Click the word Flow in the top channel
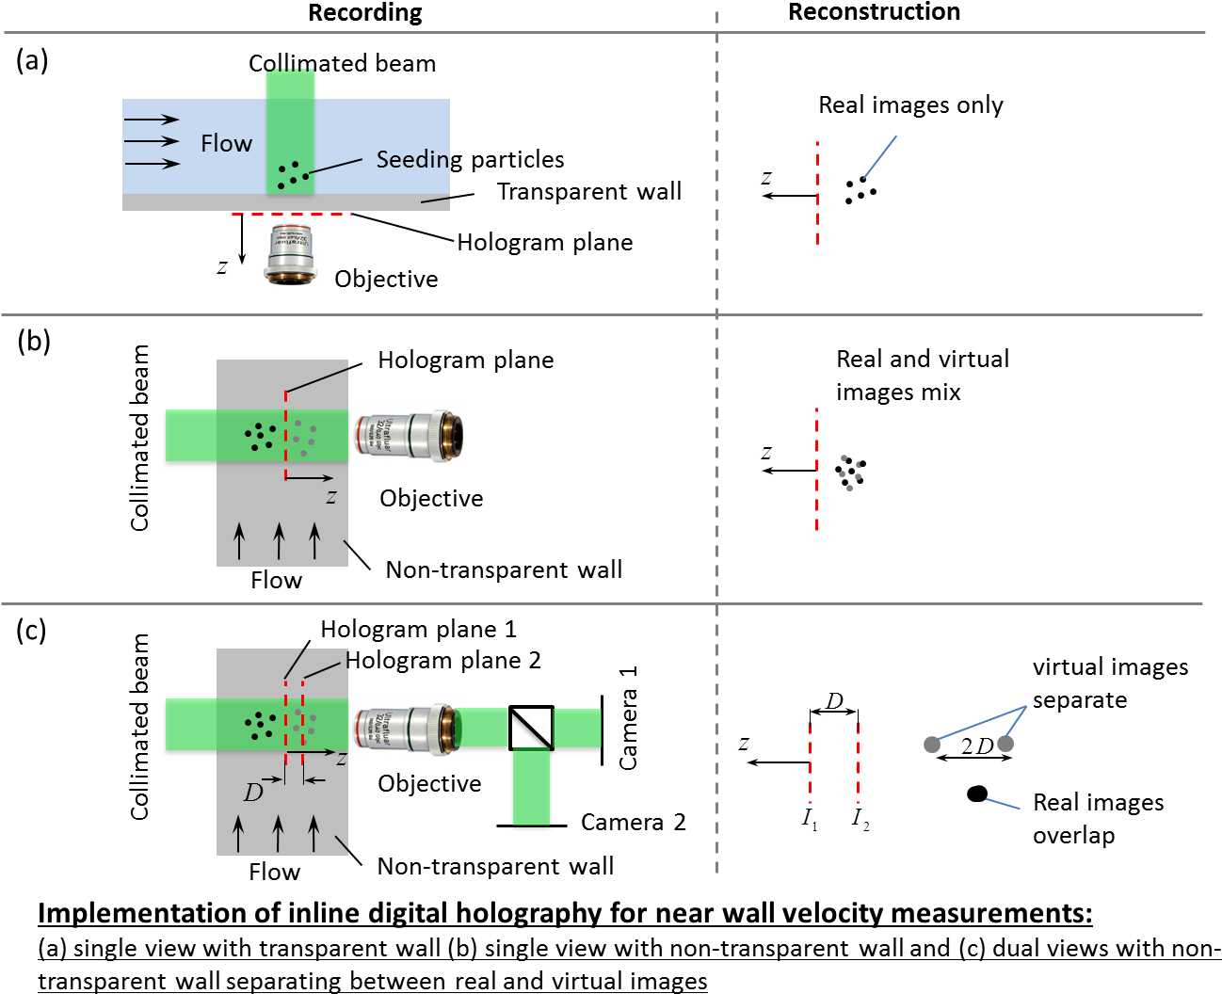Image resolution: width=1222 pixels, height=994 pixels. (226, 143)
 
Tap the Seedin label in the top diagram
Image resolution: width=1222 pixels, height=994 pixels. (412, 159)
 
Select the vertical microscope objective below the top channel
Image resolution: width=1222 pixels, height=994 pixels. (290, 254)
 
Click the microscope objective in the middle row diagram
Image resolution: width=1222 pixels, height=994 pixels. (409, 435)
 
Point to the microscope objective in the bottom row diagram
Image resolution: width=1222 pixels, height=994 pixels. (408, 729)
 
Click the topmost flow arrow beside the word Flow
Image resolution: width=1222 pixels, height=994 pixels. (152, 120)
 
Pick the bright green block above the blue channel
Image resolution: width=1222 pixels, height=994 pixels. (290, 84)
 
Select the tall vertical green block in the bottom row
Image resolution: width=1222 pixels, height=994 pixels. (531, 786)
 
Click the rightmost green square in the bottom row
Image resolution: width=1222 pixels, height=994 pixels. (577, 728)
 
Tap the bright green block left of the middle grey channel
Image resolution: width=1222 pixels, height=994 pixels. (191, 435)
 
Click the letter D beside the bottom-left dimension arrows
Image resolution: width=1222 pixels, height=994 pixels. (253, 793)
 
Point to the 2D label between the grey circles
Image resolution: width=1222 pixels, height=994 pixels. (976, 746)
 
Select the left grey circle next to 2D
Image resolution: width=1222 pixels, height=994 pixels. (932, 745)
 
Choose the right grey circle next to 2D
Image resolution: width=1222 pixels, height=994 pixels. (1005, 744)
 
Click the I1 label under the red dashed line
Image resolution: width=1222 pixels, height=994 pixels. (810, 818)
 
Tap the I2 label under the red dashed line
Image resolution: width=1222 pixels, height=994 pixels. (860, 819)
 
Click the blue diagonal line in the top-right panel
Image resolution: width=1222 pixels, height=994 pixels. (880, 157)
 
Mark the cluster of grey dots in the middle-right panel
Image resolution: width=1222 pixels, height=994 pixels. (850, 473)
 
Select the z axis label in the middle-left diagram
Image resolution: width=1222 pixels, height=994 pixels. (331, 496)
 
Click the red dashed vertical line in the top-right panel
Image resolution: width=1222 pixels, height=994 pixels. (817, 193)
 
